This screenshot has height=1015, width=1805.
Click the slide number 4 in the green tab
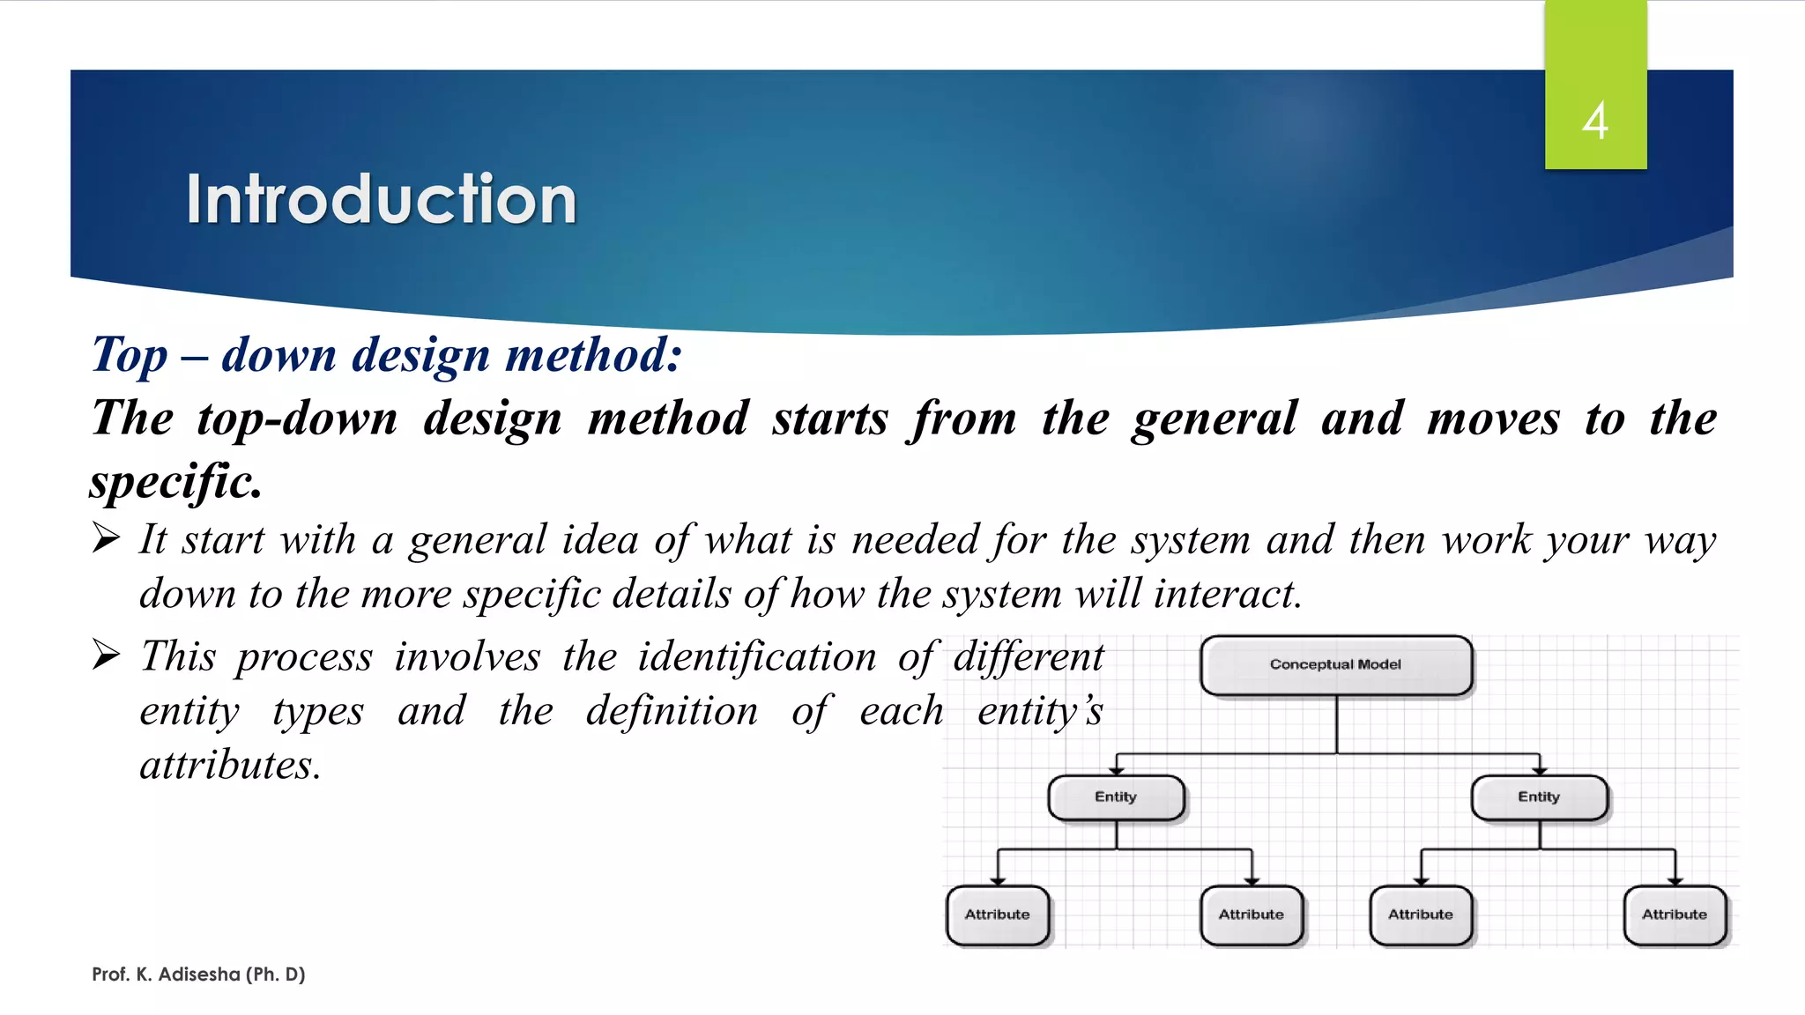[1594, 121]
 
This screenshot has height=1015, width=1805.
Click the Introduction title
[381, 199]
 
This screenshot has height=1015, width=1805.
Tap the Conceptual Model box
[1335, 665]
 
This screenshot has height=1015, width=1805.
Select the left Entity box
[1116, 797]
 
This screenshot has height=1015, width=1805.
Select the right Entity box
[1539, 797]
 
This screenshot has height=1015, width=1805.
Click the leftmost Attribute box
[997, 915]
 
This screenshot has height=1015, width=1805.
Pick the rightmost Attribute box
[1674, 915]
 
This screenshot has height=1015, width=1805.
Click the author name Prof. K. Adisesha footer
[198, 974]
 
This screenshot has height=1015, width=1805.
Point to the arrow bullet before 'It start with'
[106, 537]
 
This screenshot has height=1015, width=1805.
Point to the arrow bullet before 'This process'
[106, 655]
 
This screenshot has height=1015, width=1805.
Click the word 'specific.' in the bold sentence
[176, 482]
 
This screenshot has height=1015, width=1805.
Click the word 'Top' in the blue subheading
[130, 355]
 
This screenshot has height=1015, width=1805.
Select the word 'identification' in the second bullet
[757, 657]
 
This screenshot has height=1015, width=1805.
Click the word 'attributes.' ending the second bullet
[230, 765]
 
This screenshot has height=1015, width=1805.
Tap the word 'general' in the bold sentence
[1214, 419]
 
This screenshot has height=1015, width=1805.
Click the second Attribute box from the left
[1251, 915]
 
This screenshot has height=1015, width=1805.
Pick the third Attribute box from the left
[1420, 915]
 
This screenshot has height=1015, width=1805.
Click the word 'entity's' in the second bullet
[1040, 711]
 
